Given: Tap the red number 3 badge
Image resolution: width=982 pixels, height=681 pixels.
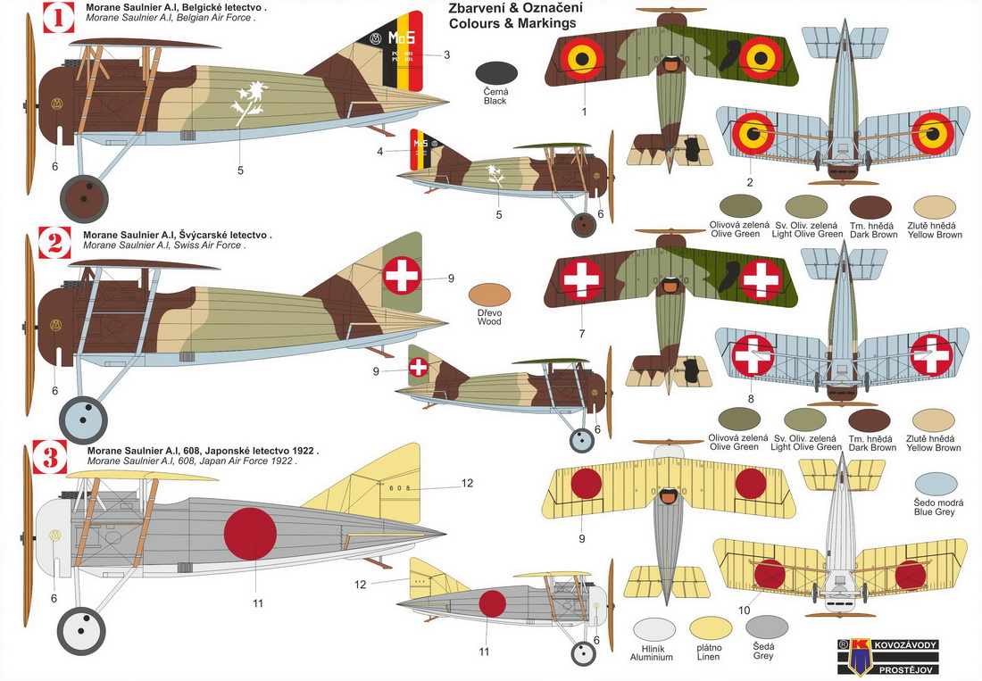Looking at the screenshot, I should (x=50, y=459).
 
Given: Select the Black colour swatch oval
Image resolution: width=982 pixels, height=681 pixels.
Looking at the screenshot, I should (x=496, y=76).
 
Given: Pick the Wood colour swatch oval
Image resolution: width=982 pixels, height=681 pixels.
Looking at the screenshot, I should (x=490, y=297).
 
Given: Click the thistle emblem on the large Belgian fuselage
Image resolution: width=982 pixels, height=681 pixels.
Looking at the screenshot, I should (x=247, y=101).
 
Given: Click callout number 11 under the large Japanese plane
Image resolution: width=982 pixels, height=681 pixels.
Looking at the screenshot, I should (x=258, y=603).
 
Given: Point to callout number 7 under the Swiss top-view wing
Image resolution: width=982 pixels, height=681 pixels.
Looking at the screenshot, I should (x=582, y=334).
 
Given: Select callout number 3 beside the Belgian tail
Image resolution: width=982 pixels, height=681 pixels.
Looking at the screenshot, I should (x=446, y=54).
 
